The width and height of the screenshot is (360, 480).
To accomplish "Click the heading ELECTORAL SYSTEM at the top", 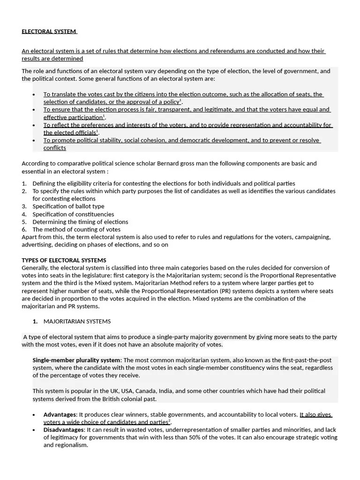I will (x=49, y=31).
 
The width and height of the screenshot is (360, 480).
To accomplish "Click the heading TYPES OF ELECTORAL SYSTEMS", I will (x=64, y=260).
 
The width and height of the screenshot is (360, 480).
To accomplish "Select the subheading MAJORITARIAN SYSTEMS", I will (x=77, y=322).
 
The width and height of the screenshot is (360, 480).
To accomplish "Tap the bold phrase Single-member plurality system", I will (x=76, y=360).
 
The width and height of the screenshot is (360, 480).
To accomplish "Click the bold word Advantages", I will (x=60, y=414).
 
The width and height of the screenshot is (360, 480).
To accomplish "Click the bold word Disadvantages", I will (x=64, y=429).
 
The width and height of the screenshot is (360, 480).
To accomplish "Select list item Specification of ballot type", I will (x=68, y=206).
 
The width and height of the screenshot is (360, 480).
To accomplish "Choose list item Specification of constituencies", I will (x=73, y=214).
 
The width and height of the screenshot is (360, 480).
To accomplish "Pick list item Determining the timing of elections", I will (x=80, y=222).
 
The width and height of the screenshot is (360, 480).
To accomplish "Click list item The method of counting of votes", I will (x=76, y=229).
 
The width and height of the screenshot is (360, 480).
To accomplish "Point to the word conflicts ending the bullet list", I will (x=55, y=148).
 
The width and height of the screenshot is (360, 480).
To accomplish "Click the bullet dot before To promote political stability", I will (x=34, y=141).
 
